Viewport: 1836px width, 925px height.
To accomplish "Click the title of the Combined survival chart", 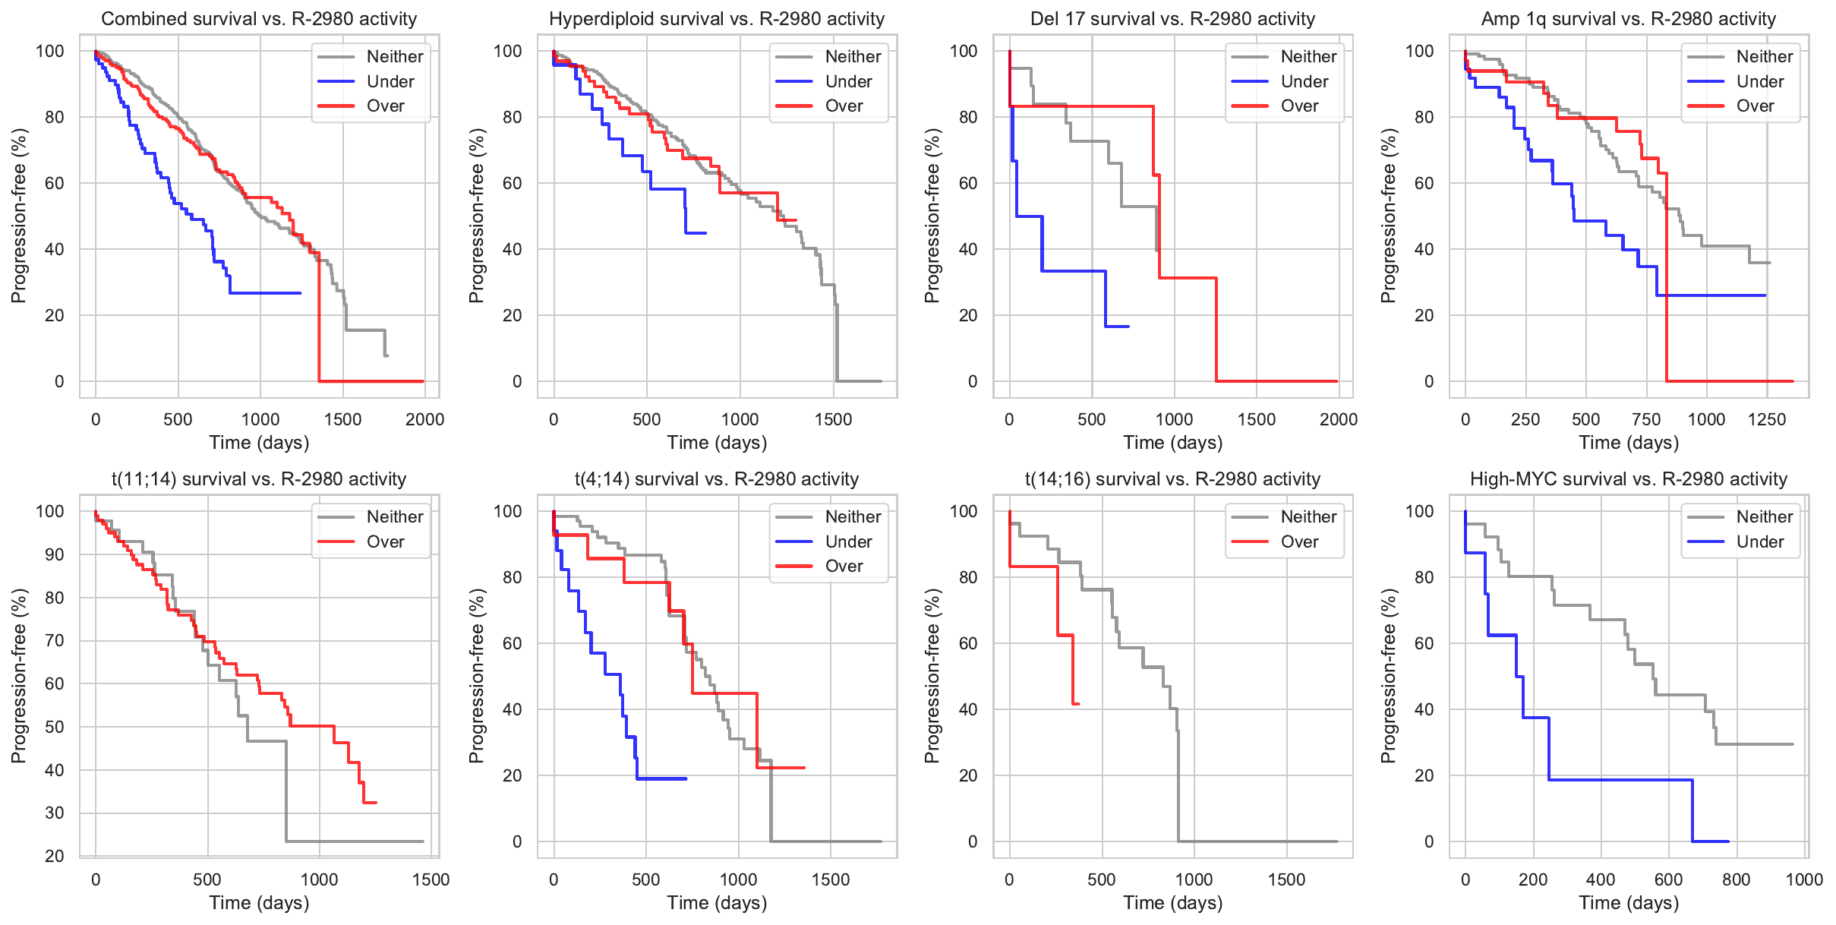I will (x=259, y=19).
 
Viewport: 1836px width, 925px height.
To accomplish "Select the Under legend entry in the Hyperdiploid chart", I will (x=848, y=81).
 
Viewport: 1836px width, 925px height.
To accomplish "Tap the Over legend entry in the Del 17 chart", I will (x=1299, y=106).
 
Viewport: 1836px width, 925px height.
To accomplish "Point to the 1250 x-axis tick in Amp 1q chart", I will (x=1767, y=419).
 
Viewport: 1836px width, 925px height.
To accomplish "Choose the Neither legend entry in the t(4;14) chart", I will (x=853, y=516).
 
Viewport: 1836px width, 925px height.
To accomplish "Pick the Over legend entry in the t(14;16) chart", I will (x=1299, y=541).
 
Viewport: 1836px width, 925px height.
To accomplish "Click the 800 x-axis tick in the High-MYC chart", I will (x=1737, y=879).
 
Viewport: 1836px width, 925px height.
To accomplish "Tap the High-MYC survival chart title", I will (x=1629, y=479).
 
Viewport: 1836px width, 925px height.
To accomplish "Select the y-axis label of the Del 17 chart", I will (x=932, y=216).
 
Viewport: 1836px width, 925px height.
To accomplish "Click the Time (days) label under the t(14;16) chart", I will (x=1173, y=903).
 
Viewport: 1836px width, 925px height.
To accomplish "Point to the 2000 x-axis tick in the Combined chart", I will (x=424, y=419).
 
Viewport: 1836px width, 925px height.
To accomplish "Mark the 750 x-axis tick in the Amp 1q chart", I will (x=1646, y=419).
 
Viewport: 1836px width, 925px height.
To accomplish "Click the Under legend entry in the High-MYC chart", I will (x=1760, y=541).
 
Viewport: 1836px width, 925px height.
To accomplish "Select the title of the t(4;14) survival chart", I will (x=717, y=479).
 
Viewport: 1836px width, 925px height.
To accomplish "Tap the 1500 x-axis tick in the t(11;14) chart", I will (x=431, y=879).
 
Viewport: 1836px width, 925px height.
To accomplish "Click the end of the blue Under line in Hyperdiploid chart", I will (x=706, y=233).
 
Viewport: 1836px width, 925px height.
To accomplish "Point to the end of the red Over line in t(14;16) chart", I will (x=1078, y=704).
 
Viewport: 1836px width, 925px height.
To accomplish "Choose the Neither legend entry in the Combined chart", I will (x=395, y=56).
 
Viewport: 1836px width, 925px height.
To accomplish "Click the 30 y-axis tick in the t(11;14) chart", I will (x=55, y=813).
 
